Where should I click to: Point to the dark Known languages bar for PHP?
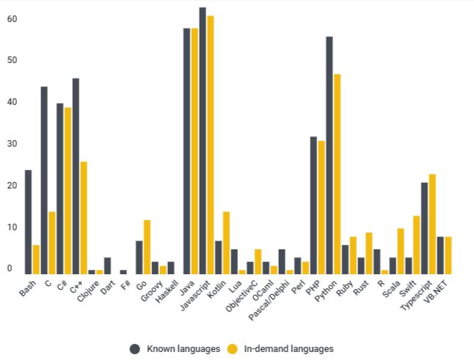coord(313,205)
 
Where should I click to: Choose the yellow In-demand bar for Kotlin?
coord(226,243)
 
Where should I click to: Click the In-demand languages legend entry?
coord(281,348)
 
